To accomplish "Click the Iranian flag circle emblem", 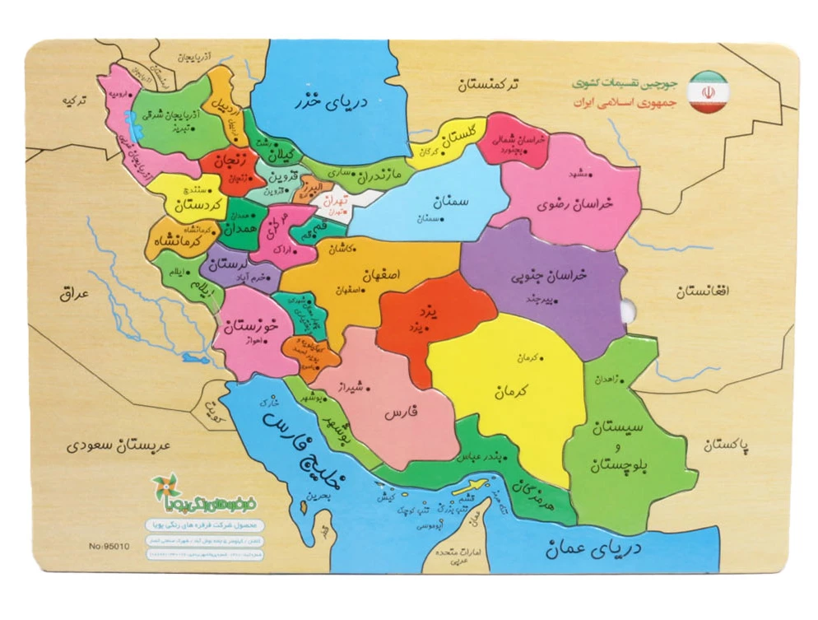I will coord(708,92).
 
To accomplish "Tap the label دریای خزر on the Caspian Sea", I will coord(332,104).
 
